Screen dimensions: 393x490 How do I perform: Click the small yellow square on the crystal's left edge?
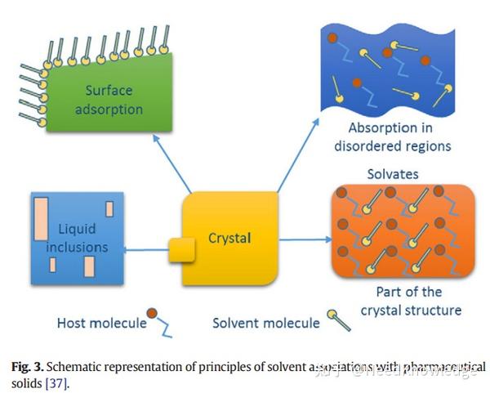(181, 248)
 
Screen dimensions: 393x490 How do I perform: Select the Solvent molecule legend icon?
(337, 319)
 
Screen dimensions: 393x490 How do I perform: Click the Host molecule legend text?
(101, 323)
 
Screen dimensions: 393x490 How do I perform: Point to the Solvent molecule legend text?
(266, 323)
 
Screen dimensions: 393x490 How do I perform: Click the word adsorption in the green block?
(114, 109)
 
